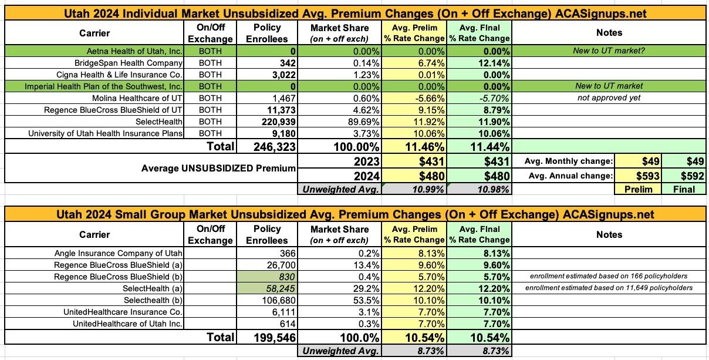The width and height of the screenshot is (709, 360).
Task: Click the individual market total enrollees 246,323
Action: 274,146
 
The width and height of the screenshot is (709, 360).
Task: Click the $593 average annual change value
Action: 650,176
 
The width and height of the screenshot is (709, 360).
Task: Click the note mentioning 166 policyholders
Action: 609,277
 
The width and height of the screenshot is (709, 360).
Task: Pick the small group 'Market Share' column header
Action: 339,234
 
